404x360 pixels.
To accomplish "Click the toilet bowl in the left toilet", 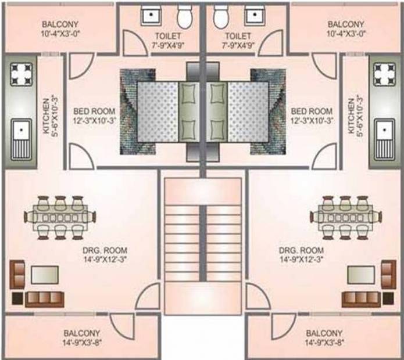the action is click(184, 16).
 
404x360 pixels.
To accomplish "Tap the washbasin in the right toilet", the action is click(255, 16).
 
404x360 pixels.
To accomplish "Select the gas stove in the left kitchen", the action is click(22, 74).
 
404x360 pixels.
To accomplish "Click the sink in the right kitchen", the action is click(384, 139).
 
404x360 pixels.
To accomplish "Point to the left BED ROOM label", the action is click(94, 111).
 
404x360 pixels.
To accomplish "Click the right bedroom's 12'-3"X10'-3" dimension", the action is click(312, 120).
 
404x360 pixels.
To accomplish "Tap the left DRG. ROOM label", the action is click(105, 250).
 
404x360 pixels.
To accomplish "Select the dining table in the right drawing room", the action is click(346, 218).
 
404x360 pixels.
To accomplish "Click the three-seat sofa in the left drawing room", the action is click(44, 300).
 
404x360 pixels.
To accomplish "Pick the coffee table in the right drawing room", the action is click(361, 275).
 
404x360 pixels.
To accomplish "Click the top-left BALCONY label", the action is click(60, 24).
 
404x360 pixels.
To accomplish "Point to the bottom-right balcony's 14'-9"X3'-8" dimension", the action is click(324, 343).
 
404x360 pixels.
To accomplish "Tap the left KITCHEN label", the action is click(47, 116).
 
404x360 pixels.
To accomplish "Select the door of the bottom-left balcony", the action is click(122, 326).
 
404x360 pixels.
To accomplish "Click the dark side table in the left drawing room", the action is click(17, 298).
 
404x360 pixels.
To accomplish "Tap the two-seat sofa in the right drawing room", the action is click(388, 274).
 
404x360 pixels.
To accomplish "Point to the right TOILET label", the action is click(238, 36).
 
